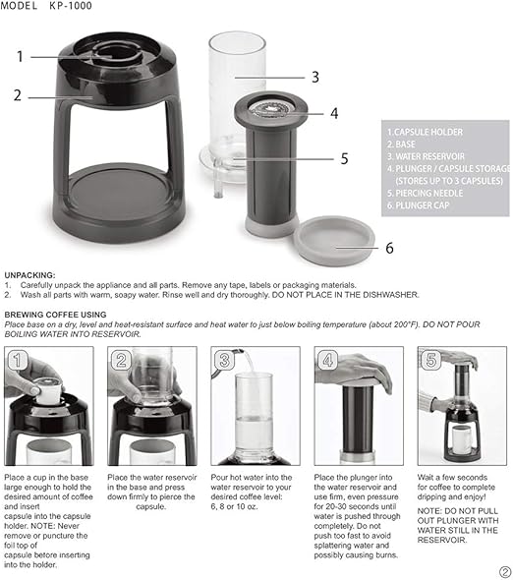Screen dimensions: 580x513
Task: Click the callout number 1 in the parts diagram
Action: point(19,56)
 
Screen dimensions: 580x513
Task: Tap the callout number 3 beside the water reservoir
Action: point(314,76)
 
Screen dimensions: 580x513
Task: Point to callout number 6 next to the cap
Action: point(388,247)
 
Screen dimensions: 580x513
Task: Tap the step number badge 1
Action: point(17,360)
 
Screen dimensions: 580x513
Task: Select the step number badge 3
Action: point(224,360)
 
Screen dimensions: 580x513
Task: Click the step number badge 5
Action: point(430,360)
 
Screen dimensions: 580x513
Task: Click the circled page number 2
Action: point(504,571)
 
